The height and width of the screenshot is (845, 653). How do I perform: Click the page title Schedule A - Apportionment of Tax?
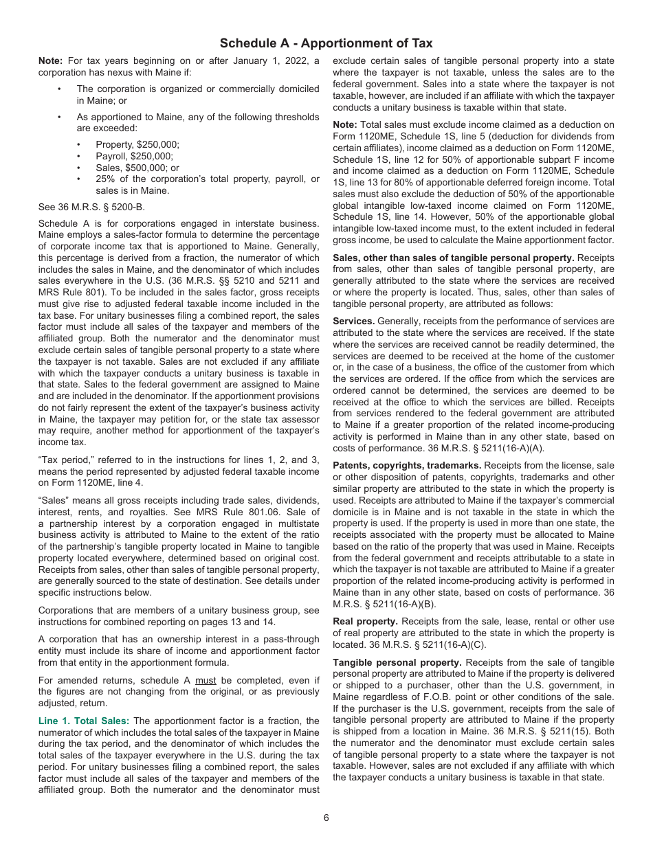[326, 43]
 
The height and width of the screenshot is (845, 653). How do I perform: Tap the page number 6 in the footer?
[326, 818]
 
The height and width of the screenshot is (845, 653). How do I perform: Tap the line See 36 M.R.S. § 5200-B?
[91, 207]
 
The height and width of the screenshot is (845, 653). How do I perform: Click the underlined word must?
[204, 680]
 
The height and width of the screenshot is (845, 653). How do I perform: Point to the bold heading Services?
[353, 321]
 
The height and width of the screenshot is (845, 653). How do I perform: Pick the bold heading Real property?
[365, 621]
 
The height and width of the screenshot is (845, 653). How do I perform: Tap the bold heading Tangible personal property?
[397, 662]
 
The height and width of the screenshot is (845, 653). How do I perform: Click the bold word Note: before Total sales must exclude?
[344, 124]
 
